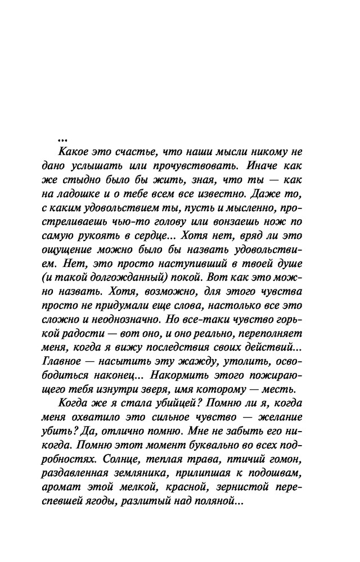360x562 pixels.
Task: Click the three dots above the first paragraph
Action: point(62,139)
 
